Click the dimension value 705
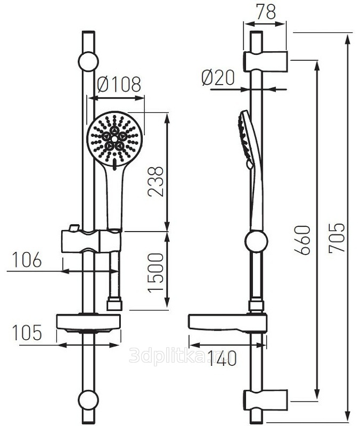click(337, 237)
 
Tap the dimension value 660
click(302, 240)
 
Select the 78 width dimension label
click(266, 11)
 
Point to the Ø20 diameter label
click(218, 78)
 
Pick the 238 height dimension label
click(156, 182)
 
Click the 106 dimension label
click(28, 260)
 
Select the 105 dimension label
click(28, 332)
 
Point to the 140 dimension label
click(222, 358)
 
